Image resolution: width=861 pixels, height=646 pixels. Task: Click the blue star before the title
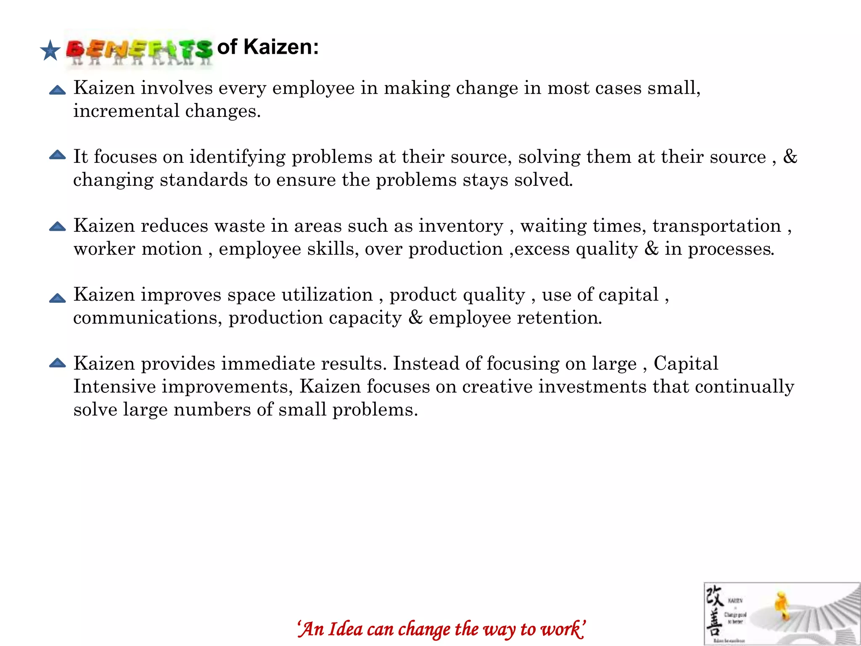click(x=50, y=50)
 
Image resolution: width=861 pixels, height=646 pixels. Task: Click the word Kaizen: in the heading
click(x=281, y=47)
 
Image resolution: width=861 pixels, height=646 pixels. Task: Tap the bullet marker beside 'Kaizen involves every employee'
click(x=57, y=90)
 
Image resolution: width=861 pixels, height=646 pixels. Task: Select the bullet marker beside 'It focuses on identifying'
click(x=57, y=155)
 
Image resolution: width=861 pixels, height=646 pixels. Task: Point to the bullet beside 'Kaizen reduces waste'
click(x=57, y=226)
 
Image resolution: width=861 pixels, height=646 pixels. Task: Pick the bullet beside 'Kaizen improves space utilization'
click(x=57, y=298)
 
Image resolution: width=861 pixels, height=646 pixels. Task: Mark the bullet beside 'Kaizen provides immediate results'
click(x=57, y=363)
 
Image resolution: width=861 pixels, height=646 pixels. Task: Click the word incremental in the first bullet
click(x=126, y=111)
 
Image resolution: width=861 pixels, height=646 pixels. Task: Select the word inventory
click(x=461, y=226)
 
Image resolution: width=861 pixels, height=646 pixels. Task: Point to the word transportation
click(x=716, y=226)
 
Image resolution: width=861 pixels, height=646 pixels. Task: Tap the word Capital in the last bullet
click(x=686, y=364)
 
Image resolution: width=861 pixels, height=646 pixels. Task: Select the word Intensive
click(x=114, y=387)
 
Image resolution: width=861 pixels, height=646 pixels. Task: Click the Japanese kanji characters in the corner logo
click(x=714, y=612)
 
